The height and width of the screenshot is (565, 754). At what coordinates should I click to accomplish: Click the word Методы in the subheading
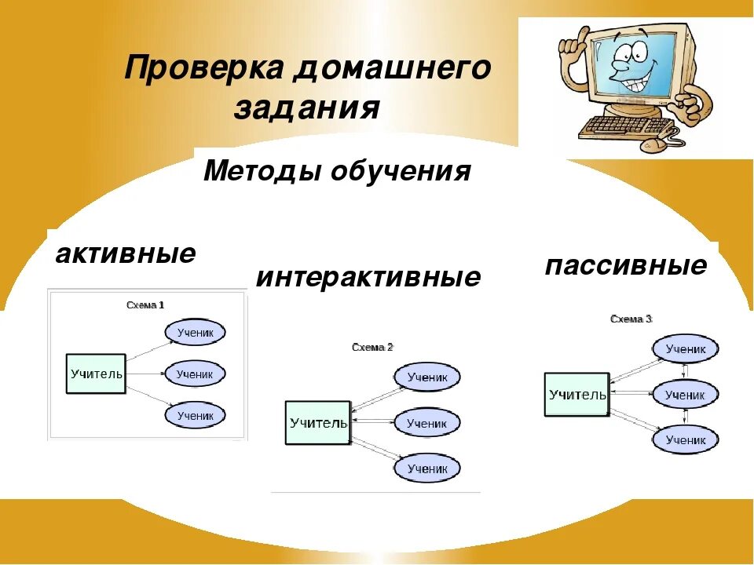tap(262, 171)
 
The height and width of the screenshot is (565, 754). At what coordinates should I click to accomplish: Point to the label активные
tap(126, 254)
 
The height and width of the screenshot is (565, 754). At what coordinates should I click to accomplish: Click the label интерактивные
tap(368, 278)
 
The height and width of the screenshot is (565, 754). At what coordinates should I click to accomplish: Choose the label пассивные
tap(625, 265)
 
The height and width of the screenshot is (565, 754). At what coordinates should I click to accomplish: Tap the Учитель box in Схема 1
tap(96, 374)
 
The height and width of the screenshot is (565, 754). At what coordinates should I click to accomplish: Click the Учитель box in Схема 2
tap(318, 423)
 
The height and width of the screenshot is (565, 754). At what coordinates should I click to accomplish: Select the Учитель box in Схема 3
tap(576, 394)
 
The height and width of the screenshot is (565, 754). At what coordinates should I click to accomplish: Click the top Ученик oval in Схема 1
tap(195, 333)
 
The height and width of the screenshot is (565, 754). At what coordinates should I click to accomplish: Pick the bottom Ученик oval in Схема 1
tap(195, 416)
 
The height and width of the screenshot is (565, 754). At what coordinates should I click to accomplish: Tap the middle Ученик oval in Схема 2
tap(427, 424)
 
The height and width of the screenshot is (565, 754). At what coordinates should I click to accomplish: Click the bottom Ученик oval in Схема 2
tap(427, 468)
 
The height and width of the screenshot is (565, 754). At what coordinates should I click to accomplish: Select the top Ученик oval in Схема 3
tap(685, 349)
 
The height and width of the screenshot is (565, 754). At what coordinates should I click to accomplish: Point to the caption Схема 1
tap(145, 305)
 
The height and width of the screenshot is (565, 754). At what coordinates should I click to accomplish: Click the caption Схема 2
tap(372, 347)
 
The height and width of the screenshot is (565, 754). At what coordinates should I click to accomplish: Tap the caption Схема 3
tap(631, 319)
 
